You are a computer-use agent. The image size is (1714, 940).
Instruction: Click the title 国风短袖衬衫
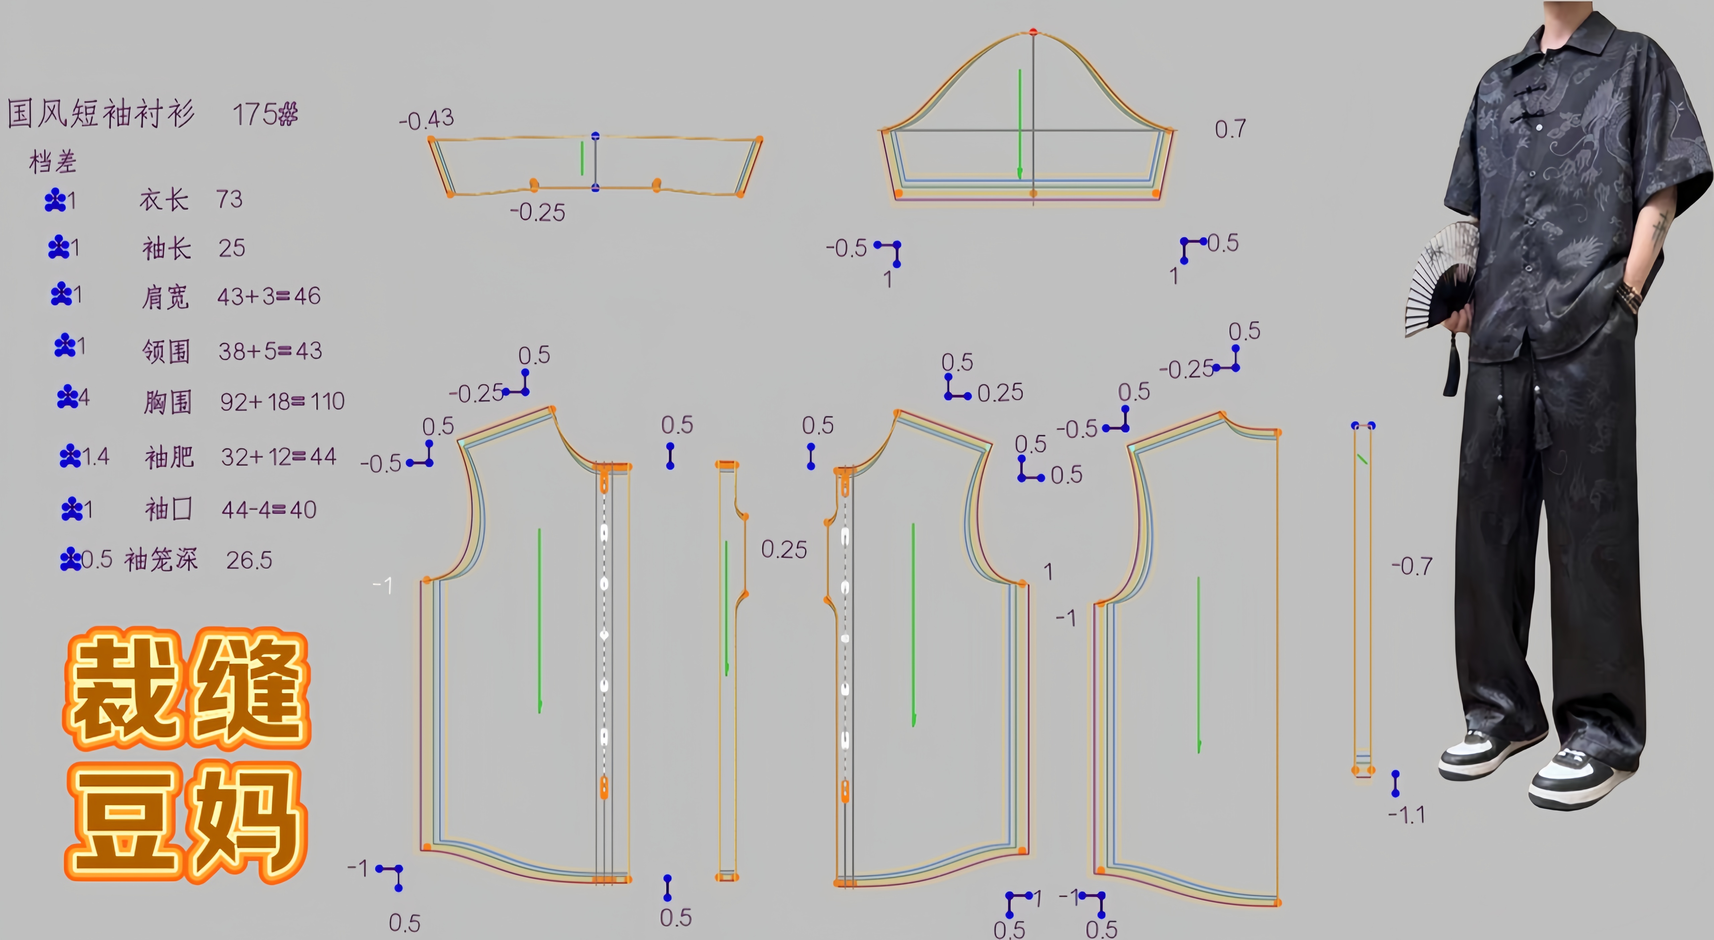101,113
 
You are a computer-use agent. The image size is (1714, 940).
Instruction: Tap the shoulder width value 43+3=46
269,296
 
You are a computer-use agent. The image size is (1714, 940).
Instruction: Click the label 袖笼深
161,559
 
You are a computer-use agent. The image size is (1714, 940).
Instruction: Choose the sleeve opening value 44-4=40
269,510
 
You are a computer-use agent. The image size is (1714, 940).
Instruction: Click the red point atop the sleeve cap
1033,31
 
